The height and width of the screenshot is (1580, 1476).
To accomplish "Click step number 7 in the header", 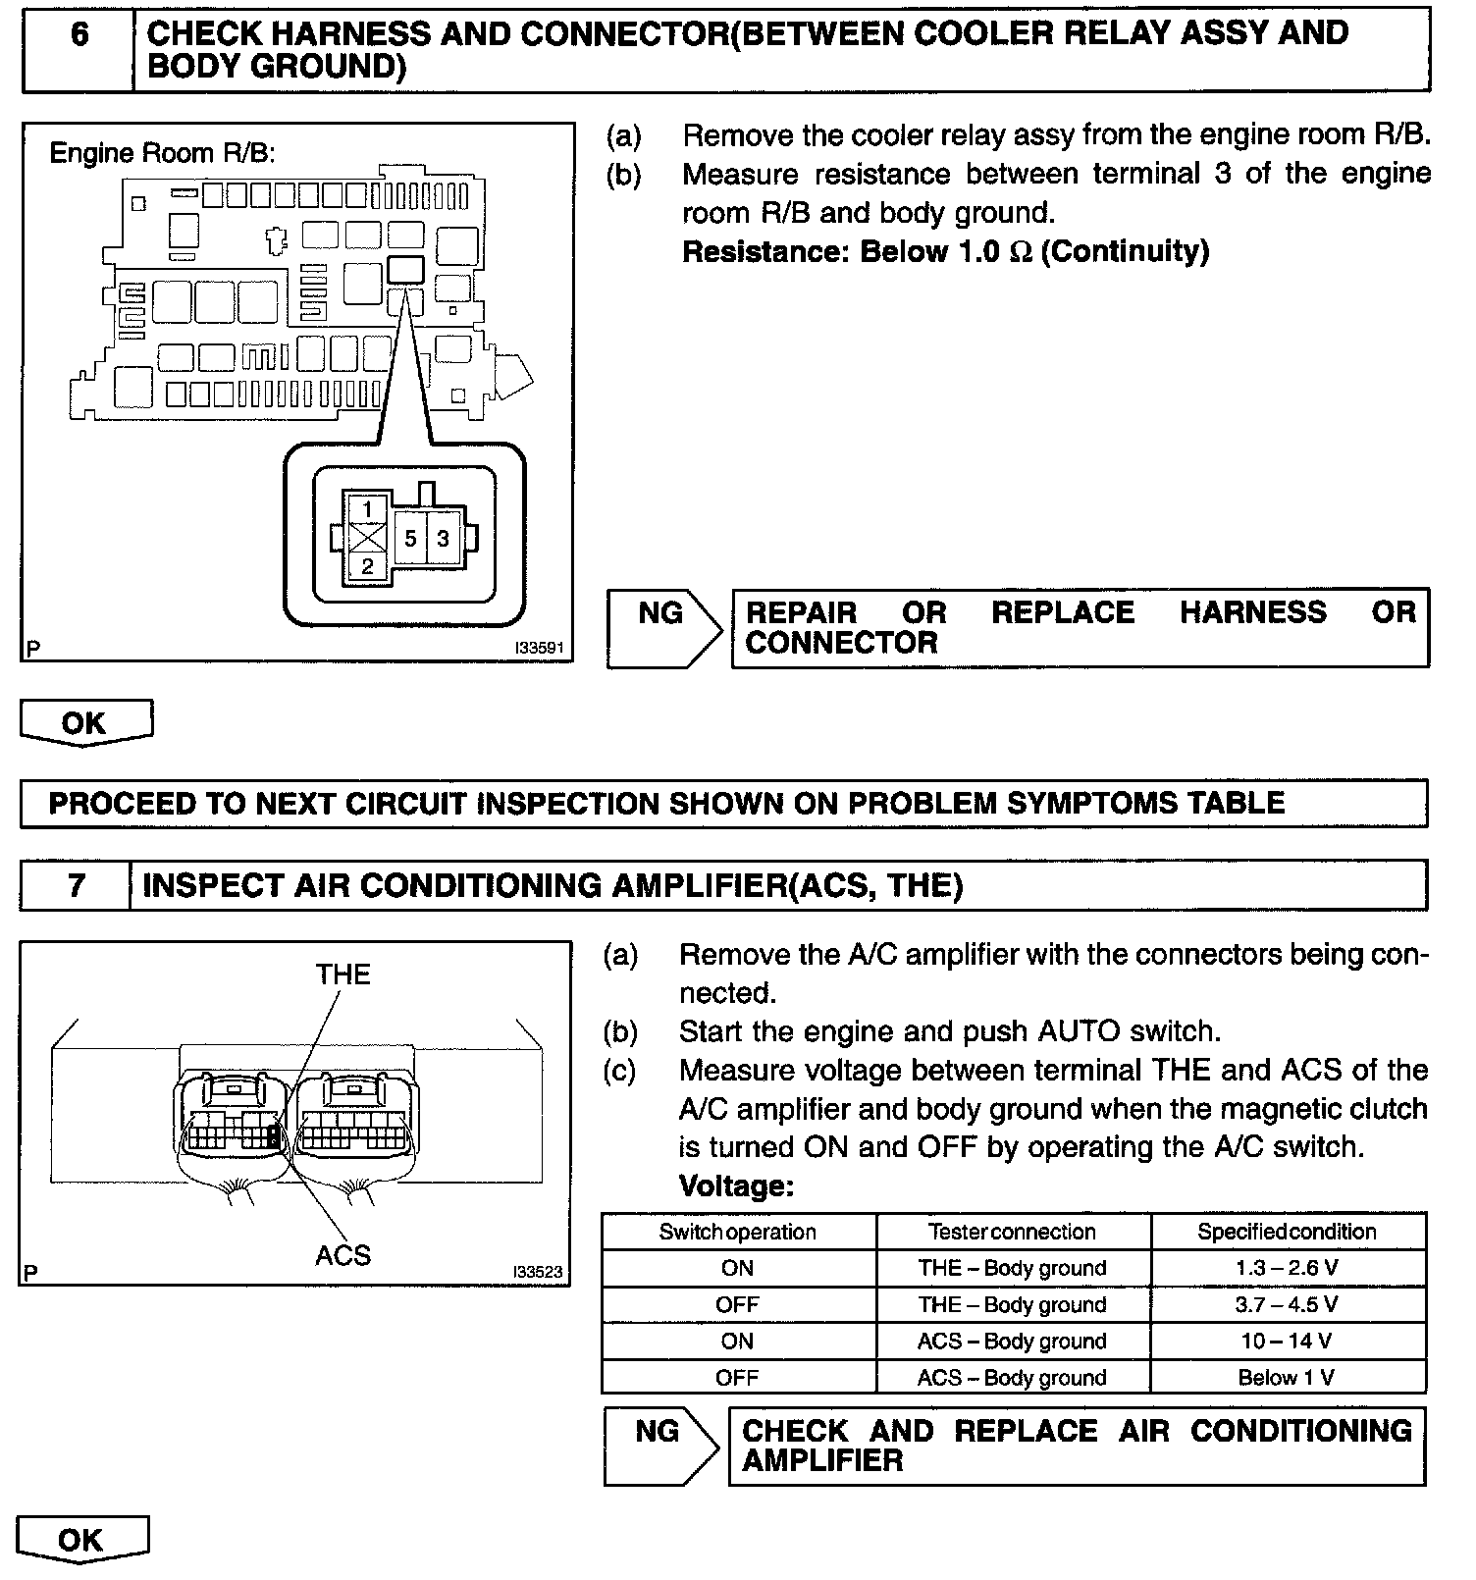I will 77,885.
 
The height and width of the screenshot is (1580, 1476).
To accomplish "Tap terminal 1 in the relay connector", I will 367,509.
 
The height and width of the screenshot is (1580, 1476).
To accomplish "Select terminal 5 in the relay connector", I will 410,539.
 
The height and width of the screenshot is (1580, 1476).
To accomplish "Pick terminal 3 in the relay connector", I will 444,539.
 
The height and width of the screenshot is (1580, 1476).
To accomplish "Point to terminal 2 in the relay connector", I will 367,567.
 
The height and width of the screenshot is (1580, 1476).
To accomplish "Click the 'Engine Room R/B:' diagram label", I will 163,154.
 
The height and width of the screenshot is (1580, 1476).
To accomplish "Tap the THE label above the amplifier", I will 343,974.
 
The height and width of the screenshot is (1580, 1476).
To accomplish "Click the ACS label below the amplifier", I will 343,1255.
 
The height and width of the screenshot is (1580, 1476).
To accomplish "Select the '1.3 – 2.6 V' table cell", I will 1287,1268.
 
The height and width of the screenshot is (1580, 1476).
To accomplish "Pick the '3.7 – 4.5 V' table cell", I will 1287,1304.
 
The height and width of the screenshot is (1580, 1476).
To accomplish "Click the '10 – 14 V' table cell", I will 1287,1341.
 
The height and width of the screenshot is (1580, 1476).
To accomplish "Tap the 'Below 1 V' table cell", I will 1287,1378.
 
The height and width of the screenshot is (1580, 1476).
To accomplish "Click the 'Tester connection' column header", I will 1012,1232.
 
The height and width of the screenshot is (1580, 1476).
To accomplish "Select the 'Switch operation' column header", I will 737,1232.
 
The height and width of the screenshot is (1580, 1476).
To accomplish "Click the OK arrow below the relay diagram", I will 84,723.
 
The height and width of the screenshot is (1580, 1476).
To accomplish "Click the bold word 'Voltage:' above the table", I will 736,1186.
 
